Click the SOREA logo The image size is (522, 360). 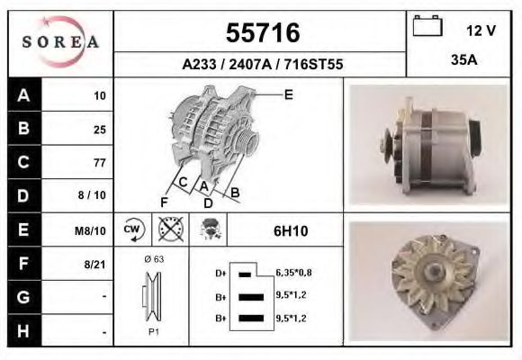point(59,42)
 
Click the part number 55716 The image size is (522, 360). point(261,33)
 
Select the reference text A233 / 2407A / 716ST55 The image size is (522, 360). point(261,65)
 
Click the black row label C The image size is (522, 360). point(23,162)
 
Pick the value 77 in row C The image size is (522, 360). point(99,163)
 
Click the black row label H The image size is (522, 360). point(23,330)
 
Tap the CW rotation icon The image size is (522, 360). point(130,230)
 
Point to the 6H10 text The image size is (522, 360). point(291,231)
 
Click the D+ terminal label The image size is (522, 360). point(220,272)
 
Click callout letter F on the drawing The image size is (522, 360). point(164,201)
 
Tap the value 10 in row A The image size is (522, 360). point(99,95)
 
